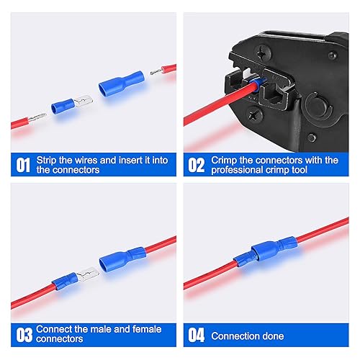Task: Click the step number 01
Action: coord(22,165)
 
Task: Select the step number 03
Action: coord(22,334)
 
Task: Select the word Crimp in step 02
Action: coord(225,159)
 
